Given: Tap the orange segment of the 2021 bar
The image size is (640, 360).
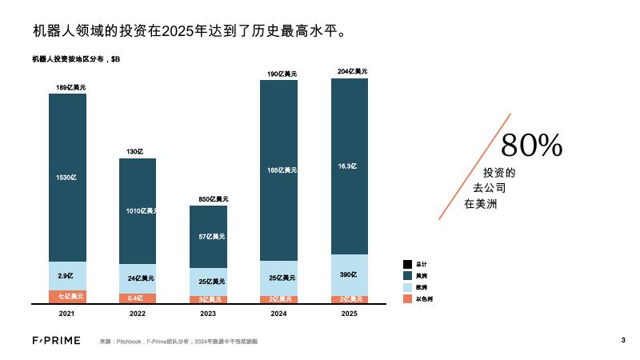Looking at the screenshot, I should pos(67,297).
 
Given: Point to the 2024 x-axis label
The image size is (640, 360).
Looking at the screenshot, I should pos(279,314).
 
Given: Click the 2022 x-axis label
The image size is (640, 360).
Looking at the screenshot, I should pos(138,314).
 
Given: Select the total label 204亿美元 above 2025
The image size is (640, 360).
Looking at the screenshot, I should pos(353,71).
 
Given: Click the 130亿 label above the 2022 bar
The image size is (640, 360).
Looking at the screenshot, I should pos(134,151).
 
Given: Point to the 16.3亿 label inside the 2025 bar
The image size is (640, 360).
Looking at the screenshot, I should pos(347,166).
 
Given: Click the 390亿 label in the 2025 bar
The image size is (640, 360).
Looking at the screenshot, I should pos(347,274).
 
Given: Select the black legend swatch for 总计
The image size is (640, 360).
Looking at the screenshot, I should pos(406,264).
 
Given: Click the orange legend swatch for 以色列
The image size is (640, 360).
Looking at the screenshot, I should pos(406,298).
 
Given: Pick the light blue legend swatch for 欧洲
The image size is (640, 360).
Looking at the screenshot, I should pos(406,286).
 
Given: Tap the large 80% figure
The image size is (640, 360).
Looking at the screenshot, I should pos(532,145).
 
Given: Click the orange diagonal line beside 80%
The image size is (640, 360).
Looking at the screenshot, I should pos(474,166).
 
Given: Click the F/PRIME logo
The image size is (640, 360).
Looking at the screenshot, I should pos(56,342).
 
